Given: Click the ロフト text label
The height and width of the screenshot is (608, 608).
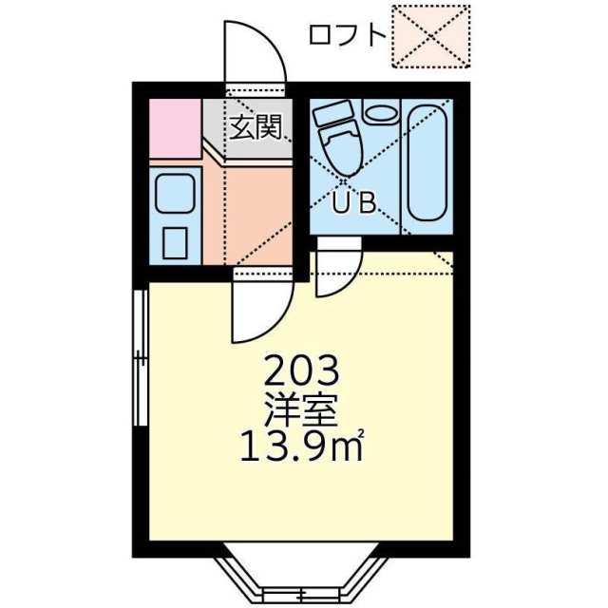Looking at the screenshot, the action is click(x=347, y=36).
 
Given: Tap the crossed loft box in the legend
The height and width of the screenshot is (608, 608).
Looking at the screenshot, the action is click(x=430, y=36).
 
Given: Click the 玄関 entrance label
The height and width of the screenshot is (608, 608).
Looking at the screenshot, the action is click(x=256, y=126).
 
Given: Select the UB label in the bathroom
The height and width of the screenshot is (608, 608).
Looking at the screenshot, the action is click(x=354, y=202).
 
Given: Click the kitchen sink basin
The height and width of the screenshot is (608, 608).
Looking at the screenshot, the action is click(x=175, y=193).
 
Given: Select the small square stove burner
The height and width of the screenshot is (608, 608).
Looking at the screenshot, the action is click(x=175, y=243).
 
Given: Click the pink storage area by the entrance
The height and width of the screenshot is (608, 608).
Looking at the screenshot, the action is click(x=175, y=129).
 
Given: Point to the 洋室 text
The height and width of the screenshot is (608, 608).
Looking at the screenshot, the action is click(x=301, y=410).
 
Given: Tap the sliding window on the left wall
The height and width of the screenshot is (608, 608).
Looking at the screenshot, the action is click(x=141, y=358).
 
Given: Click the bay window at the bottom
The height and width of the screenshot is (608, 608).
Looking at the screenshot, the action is click(x=301, y=577).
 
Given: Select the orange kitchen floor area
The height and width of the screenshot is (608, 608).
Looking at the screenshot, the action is click(x=248, y=213).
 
